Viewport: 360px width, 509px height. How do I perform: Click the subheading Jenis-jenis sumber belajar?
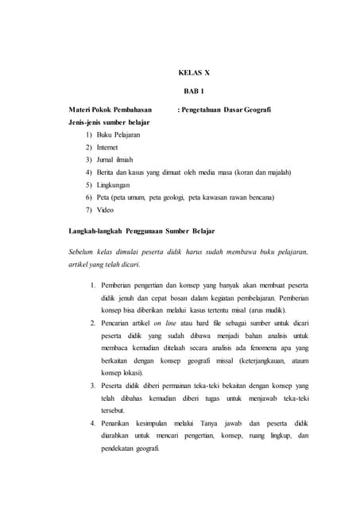pyautogui.click(x=111, y=123)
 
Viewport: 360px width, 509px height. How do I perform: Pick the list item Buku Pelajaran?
pyautogui.click(x=119, y=136)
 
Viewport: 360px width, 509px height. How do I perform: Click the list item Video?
pyautogui.click(x=105, y=210)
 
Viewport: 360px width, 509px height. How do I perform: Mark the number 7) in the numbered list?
pyautogui.click(x=89, y=210)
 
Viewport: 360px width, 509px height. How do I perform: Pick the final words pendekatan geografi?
pyautogui.click(x=130, y=449)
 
